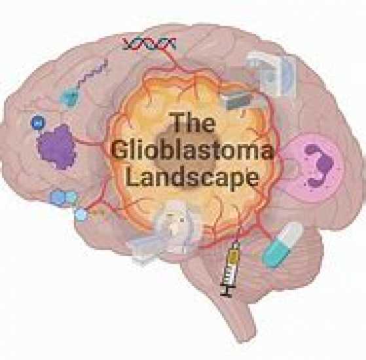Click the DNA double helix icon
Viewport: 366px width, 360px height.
pos(149,44)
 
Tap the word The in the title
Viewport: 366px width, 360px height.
pos(192,122)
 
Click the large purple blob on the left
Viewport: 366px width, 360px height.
pos(57,147)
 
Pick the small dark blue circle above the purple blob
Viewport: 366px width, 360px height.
pos(38,122)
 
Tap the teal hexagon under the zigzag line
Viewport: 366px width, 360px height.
pos(69,97)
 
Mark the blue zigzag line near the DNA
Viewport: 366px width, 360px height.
pos(93,73)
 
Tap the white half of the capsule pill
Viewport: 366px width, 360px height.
pos(292,234)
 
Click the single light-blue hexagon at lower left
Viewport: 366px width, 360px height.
pos(81,215)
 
